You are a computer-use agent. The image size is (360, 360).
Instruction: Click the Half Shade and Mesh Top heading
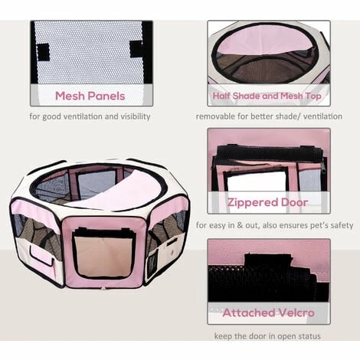(269, 97)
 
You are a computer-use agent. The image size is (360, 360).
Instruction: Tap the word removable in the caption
(218, 116)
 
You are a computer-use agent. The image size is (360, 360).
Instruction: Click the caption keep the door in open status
(268, 335)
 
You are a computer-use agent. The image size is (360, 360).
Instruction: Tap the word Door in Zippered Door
(295, 203)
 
